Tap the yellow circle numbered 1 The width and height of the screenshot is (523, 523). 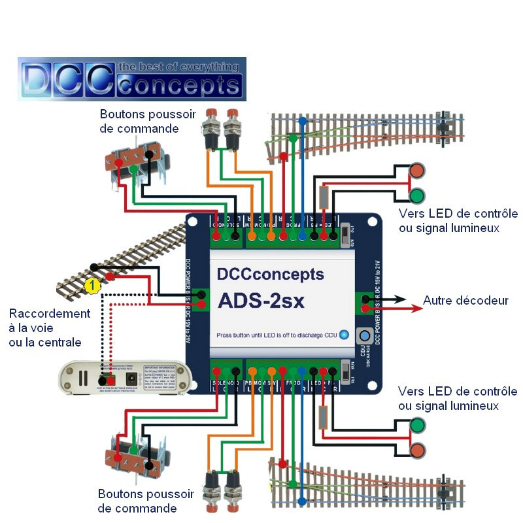93,285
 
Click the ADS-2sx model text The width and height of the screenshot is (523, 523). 269,301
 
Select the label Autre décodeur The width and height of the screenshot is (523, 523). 465,301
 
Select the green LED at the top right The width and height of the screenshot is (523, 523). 416,195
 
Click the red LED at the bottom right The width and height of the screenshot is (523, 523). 416,450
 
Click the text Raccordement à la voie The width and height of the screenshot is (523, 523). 50,320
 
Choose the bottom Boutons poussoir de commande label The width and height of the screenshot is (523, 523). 145,501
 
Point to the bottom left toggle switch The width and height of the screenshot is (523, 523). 138,454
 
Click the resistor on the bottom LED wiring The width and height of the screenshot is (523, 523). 322,418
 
